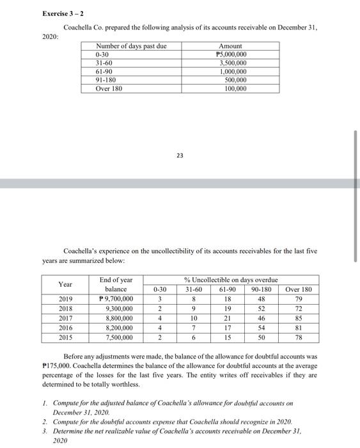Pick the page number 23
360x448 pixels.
point(180,155)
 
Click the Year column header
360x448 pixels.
point(65,284)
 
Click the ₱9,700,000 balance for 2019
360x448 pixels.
point(116,299)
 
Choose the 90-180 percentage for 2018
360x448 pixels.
point(262,308)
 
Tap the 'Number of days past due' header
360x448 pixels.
point(130,47)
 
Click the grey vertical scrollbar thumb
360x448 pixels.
point(356,195)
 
